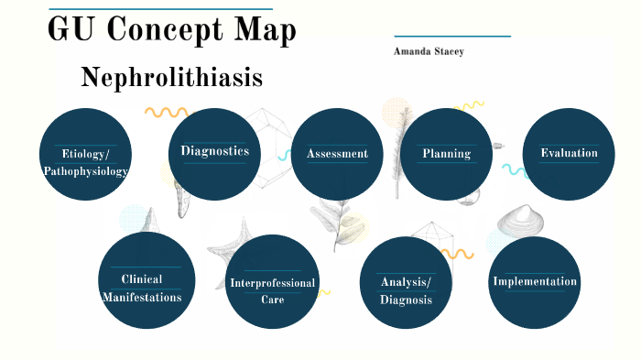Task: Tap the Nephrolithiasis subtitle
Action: click(171, 78)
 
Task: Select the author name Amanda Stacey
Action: click(429, 52)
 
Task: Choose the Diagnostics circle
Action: click(214, 152)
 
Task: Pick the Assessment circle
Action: click(337, 154)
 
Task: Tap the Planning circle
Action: click(447, 154)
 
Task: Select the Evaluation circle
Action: click(569, 153)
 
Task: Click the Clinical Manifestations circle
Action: click(147, 280)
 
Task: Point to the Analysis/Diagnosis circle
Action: click(406, 283)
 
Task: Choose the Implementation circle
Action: click(535, 282)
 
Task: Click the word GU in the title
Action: click(71, 30)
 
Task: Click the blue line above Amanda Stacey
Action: click(451, 37)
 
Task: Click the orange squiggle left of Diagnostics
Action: click(166, 113)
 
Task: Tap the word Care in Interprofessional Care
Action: click(272, 300)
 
